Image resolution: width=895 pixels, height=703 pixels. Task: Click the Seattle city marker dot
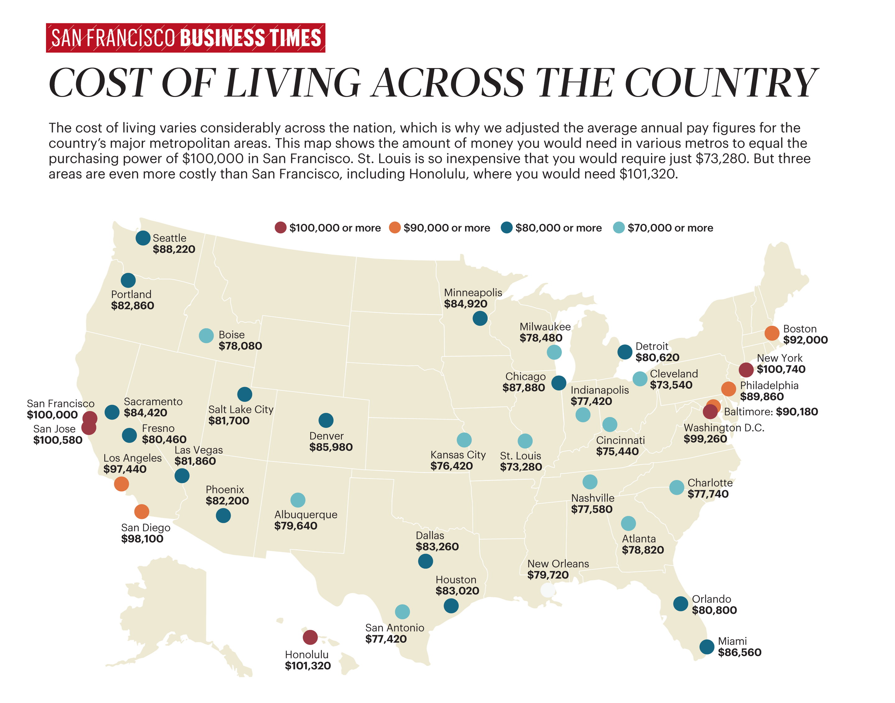click(143, 238)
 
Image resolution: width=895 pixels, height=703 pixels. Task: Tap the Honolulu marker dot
click(310, 637)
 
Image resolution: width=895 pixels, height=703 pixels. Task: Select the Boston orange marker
click(772, 333)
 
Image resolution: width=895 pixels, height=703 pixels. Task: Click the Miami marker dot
click(707, 647)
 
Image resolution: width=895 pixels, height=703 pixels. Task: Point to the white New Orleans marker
click(547, 590)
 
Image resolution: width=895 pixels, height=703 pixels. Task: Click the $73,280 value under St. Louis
click(521, 467)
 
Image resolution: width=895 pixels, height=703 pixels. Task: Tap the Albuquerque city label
click(306, 514)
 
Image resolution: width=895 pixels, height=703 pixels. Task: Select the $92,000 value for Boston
click(805, 340)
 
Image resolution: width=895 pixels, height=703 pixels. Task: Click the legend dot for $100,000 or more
click(281, 227)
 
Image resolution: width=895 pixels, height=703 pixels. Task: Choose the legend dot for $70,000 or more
click(618, 227)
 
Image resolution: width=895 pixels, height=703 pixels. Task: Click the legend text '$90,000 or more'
click(447, 228)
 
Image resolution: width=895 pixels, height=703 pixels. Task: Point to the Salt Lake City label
click(241, 410)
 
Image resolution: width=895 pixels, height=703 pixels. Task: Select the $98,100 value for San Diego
click(142, 539)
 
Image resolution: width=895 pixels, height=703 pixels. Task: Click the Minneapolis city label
click(473, 293)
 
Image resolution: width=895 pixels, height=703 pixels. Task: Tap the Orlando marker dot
click(681, 604)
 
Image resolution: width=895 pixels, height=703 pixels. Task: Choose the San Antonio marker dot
click(402, 612)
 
